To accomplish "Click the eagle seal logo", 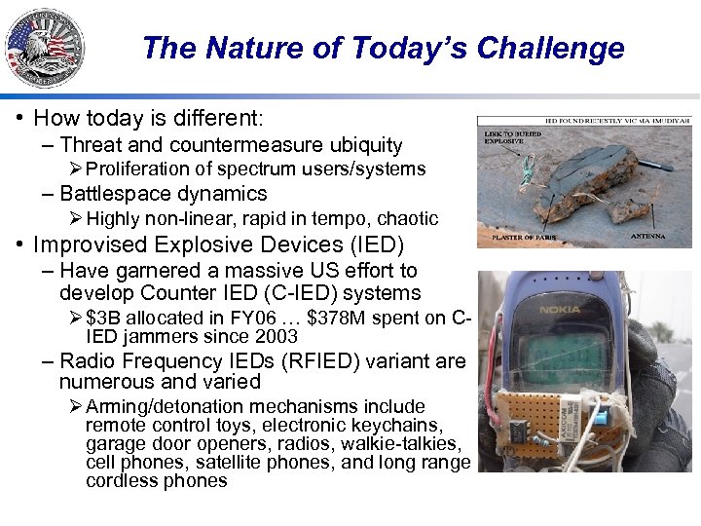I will tap(44, 48).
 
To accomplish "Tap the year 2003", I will tap(275, 337).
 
